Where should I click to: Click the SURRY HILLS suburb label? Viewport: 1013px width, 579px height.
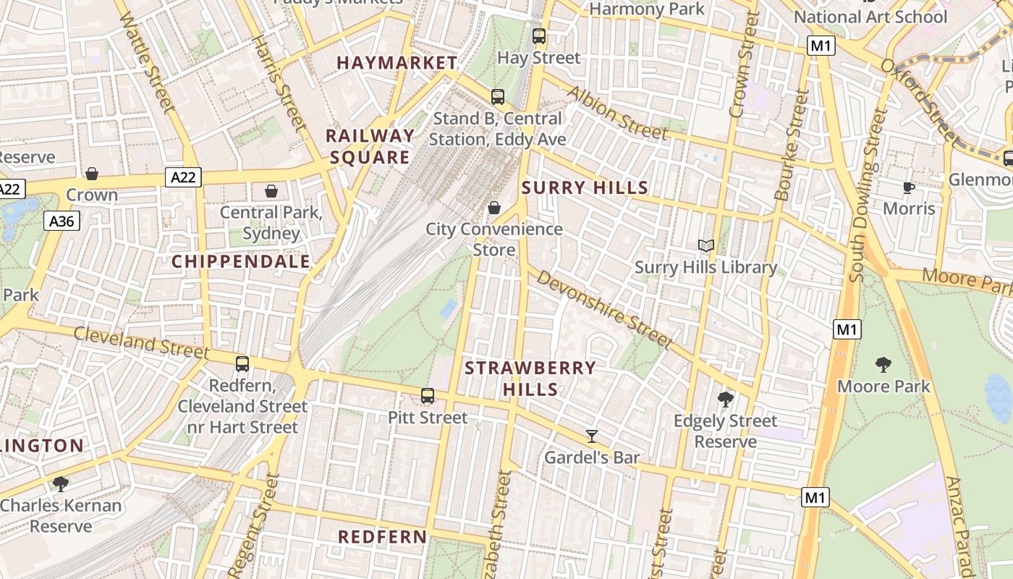(x=585, y=188)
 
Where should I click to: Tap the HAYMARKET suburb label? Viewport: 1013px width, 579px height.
(x=397, y=63)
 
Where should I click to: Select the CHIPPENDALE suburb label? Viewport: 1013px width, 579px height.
(x=241, y=262)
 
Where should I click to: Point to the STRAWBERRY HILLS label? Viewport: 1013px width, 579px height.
(x=530, y=379)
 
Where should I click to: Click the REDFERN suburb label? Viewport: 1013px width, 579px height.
(x=383, y=537)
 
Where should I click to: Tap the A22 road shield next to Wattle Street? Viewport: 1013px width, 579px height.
(x=183, y=177)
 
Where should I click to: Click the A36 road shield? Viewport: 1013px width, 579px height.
(x=62, y=221)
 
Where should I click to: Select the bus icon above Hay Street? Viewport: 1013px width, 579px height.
(x=538, y=35)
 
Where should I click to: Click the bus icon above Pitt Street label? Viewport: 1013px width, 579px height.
(x=428, y=396)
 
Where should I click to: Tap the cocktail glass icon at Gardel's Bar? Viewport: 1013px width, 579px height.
(x=592, y=436)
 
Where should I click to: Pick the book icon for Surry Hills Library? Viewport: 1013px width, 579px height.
(x=705, y=246)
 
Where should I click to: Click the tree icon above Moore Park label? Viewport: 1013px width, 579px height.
(x=883, y=364)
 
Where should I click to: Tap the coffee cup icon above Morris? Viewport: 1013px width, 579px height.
(x=909, y=188)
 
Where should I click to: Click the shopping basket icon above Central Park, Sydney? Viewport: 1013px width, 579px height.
(x=271, y=191)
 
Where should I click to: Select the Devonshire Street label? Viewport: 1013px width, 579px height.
(x=604, y=308)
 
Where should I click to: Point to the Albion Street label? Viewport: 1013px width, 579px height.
(x=616, y=112)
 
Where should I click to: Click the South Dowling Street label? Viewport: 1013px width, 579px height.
(x=868, y=195)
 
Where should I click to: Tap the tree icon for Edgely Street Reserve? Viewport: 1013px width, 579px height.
(x=725, y=399)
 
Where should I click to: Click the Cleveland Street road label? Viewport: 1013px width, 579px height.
(x=141, y=342)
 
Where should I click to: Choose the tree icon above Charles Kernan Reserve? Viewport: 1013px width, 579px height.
(x=61, y=483)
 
